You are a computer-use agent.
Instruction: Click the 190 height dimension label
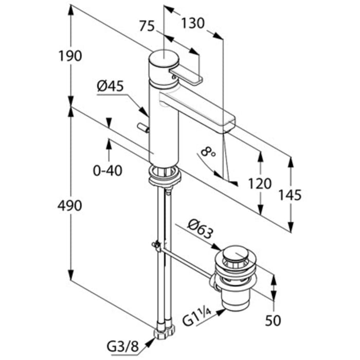point(70,56)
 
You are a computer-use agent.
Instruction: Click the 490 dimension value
point(69,206)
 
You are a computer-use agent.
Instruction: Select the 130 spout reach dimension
point(193,23)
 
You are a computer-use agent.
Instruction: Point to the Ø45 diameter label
point(110,86)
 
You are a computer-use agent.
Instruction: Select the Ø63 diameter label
point(200,231)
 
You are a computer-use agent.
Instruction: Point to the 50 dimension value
point(274,320)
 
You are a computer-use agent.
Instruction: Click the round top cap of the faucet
point(163,57)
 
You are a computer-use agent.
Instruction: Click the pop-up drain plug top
point(236,253)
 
